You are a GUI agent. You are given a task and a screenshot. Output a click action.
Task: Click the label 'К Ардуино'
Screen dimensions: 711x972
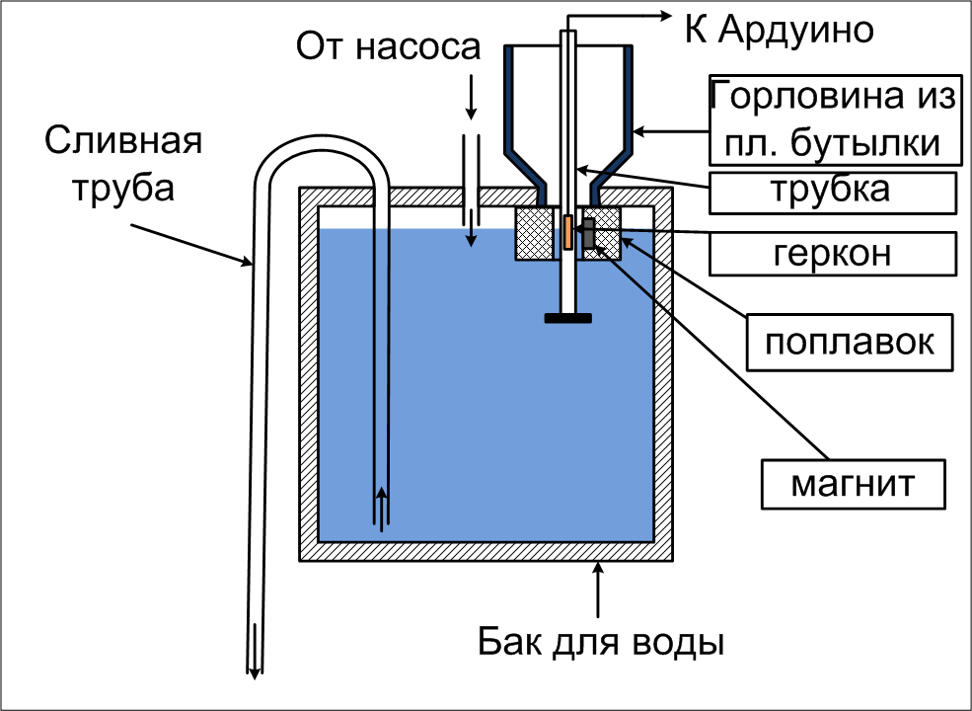780,30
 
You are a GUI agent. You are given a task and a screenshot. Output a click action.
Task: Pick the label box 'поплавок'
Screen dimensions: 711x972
850,343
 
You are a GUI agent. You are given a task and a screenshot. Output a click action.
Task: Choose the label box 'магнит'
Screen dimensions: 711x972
855,485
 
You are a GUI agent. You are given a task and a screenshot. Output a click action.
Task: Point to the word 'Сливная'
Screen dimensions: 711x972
123,141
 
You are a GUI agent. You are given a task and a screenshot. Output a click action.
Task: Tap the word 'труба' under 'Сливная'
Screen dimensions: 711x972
124,187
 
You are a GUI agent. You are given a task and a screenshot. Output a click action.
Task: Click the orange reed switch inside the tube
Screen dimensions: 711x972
567,232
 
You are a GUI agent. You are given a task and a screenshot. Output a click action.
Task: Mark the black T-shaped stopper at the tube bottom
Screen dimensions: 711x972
567,318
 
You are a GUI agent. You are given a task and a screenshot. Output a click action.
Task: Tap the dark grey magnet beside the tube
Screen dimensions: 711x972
588,234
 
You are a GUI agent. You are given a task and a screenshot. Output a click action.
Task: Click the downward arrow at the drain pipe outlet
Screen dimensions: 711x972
254,652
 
